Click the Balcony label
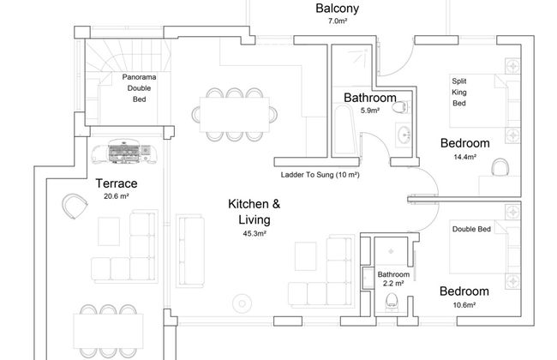pos(337,9)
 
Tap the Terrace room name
pos(117,183)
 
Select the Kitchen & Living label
pos(255,212)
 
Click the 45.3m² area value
pos(255,233)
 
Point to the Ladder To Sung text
pos(308,175)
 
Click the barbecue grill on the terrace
pos(124,153)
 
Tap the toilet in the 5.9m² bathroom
pos(401,107)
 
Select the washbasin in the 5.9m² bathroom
pos(404,135)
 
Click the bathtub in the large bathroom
pos(344,129)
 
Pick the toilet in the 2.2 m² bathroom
pos(391,302)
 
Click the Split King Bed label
pos(459,92)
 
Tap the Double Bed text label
pos(471,229)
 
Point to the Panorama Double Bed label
pos(139,88)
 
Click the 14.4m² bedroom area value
pos(464,157)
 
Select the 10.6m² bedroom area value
pos(464,305)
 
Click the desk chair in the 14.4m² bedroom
pos(500,167)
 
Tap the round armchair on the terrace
pos(75,206)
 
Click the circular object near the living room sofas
pos(243,303)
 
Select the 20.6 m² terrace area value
pos(117,195)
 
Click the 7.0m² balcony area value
pos(337,21)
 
